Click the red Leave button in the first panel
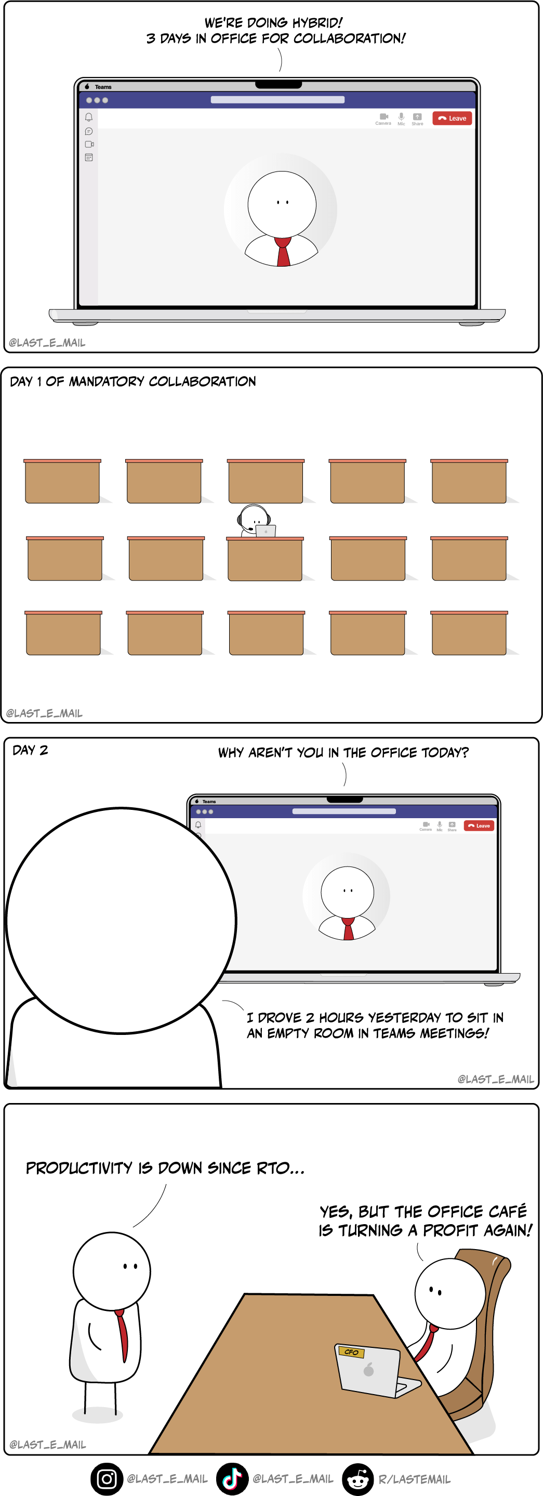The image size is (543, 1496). [452, 119]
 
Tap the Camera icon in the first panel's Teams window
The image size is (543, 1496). [383, 117]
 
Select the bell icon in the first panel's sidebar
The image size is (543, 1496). [89, 117]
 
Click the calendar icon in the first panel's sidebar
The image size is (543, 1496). [89, 158]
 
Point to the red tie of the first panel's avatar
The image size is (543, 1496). [283, 252]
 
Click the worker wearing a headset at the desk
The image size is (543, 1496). [254, 520]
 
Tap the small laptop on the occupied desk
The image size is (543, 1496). [266, 531]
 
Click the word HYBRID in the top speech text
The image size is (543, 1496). [317, 23]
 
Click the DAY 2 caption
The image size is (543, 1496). [30, 750]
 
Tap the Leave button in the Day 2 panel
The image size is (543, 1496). [479, 825]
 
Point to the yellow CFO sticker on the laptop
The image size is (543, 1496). [351, 1352]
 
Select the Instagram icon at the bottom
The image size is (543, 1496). [107, 1478]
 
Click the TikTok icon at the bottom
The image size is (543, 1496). [232, 1478]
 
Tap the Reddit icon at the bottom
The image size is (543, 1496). [357, 1478]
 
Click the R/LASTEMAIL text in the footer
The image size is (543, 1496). [415, 1479]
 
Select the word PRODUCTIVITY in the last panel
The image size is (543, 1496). [79, 1168]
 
